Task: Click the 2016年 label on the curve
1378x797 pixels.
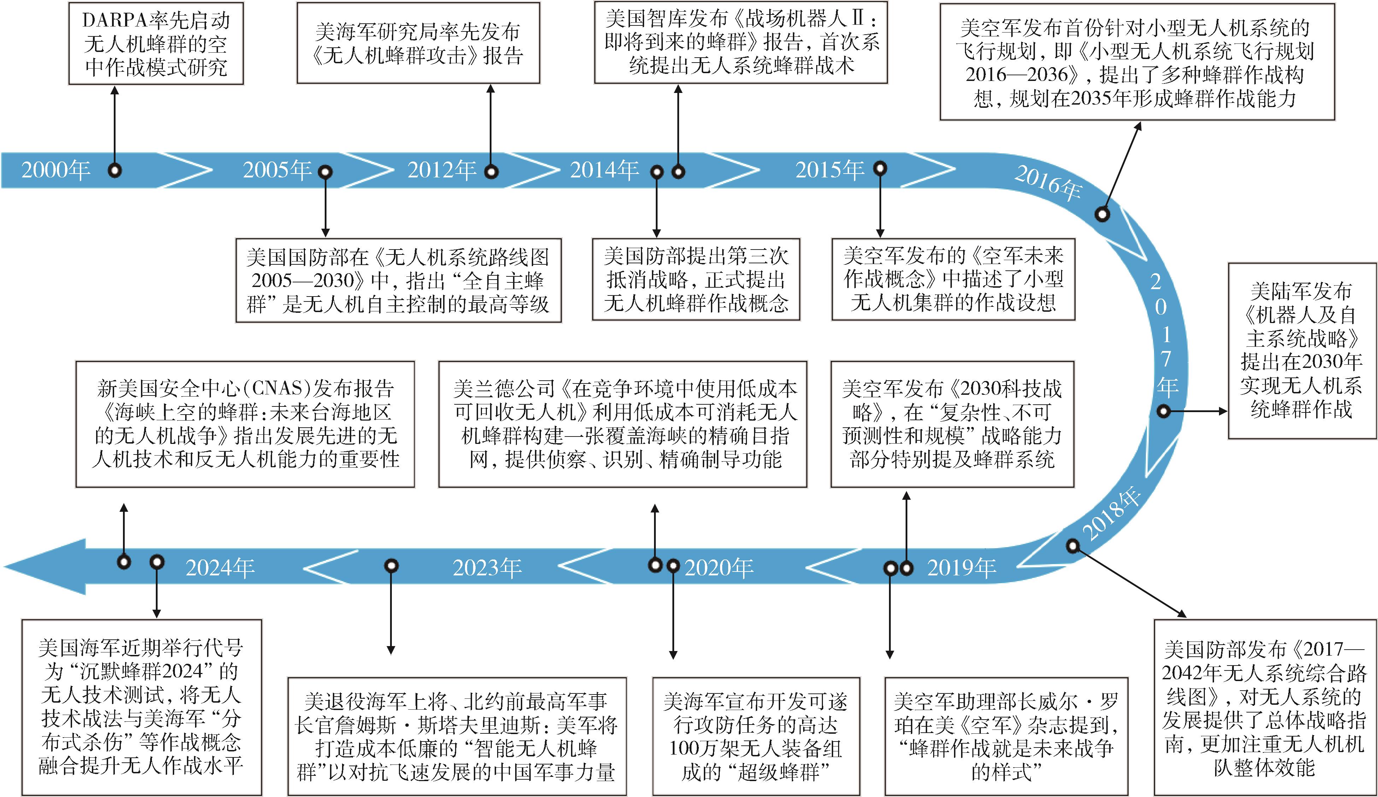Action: [x=1048, y=183]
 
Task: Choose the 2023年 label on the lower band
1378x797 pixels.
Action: [x=487, y=568]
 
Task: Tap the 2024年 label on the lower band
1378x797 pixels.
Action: [x=220, y=568]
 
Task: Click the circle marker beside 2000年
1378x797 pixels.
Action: [x=114, y=171]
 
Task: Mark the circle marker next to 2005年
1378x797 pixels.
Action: [x=325, y=172]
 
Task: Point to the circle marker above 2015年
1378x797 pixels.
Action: [x=880, y=169]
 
